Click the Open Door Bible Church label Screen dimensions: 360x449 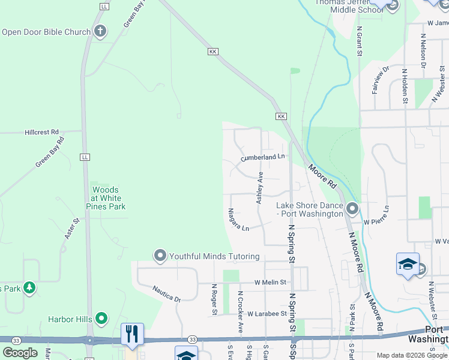point(46,32)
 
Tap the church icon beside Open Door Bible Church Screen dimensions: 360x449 point(100,31)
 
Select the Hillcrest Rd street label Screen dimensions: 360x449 point(42,132)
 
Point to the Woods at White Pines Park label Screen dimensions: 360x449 point(106,198)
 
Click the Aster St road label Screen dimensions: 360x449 point(71,229)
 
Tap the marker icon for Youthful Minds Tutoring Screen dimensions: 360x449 point(160,256)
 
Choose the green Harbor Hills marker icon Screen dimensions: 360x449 point(101,318)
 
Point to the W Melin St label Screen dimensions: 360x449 point(271,282)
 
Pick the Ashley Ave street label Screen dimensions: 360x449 point(260,188)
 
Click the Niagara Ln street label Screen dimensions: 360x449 point(238,220)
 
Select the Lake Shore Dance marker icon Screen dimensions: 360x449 point(352,209)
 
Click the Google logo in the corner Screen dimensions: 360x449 point(20,353)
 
